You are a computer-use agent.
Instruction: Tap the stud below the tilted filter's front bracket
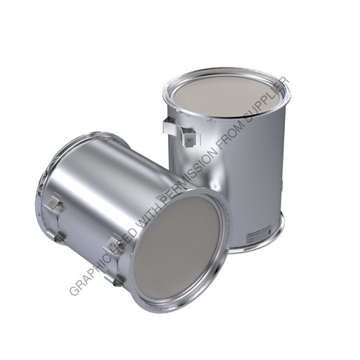tap(117, 280)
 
